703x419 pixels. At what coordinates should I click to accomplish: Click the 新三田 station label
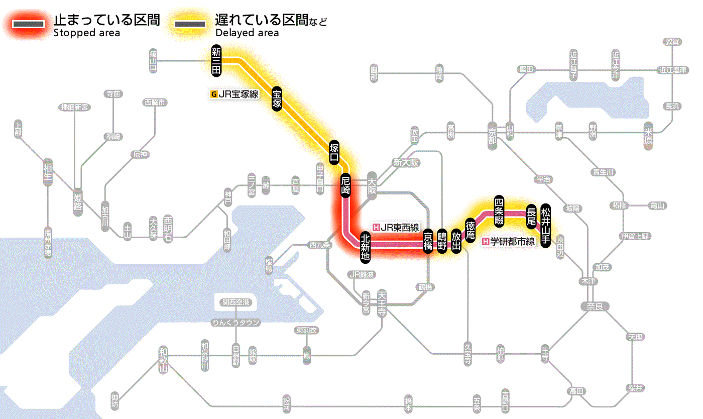point(216,61)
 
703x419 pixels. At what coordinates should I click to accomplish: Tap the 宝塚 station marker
point(277,98)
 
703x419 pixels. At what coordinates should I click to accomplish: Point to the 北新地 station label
point(365,247)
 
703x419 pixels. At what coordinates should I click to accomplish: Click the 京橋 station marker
point(428,242)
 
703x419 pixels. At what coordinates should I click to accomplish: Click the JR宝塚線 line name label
point(235,93)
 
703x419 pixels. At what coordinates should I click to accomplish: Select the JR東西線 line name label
point(396,227)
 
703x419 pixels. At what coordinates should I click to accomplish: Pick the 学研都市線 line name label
point(509,242)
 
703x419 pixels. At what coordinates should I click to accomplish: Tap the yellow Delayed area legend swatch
point(189,24)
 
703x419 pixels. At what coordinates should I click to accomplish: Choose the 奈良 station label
point(594,306)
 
